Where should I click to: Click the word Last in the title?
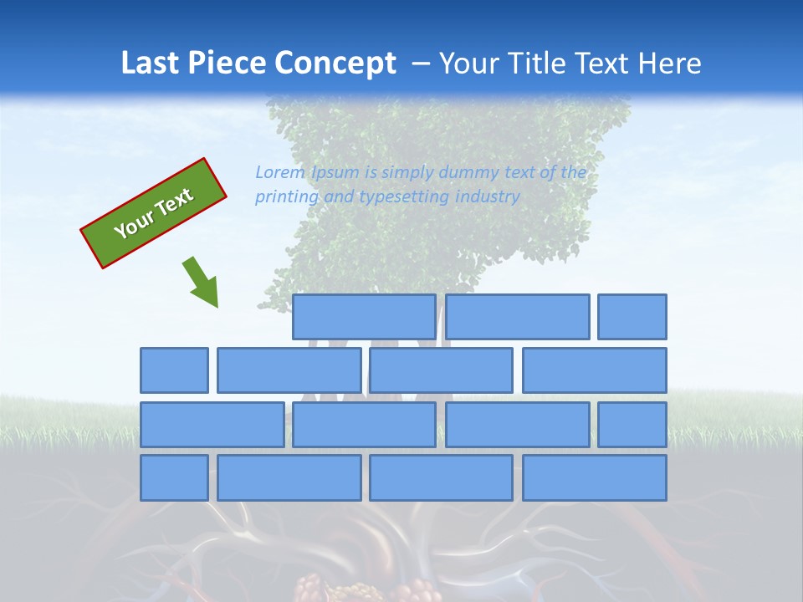(x=151, y=64)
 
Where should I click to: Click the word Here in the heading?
(x=670, y=64)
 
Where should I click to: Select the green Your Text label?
(x=154, y=213)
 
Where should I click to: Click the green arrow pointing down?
(x=202, y=282)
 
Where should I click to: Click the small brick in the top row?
(x=632, y=317)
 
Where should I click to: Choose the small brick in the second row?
(x=174, y=370)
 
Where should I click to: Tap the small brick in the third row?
(x=632, y=425)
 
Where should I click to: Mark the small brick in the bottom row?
(x=174, y=478)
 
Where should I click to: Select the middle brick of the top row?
(x=517, y=317)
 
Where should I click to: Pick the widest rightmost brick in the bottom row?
(x=595, y=478)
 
